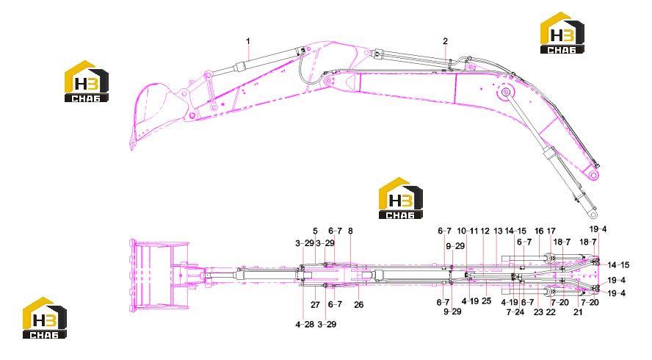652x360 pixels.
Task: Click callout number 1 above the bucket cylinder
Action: [248, 41]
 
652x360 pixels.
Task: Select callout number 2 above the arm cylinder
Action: [446, 41]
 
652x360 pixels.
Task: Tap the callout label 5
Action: [315, 231]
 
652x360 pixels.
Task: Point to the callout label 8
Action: [350, 231]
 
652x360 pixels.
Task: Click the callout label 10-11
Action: [468, 231]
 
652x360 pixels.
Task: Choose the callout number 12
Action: [485, 231]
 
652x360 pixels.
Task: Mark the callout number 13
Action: [498, 231]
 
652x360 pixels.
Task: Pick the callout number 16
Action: [539, 231]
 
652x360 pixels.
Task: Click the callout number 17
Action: [551, 231]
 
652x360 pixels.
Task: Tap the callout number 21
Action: [578, 312]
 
